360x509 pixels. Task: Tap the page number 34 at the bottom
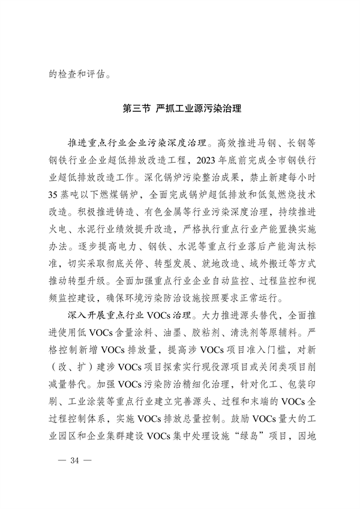[x=75, y=460]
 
